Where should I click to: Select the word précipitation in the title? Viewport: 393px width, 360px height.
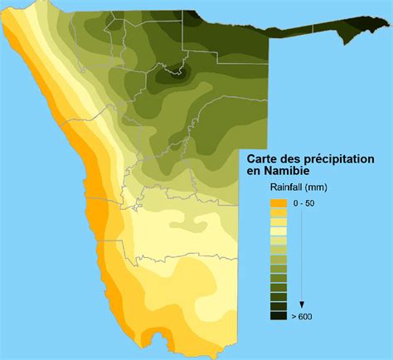pos(341,158)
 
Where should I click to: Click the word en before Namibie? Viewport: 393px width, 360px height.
pos(255,170)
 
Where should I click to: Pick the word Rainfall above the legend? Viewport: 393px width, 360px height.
pos(271,187)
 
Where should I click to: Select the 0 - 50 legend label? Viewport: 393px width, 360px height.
pos(305,203)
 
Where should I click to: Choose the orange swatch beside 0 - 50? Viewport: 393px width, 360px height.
pos(278,203)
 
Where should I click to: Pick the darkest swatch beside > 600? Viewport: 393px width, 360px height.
pos(278,315)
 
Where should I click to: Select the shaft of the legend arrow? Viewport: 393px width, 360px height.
pos(302,257)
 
